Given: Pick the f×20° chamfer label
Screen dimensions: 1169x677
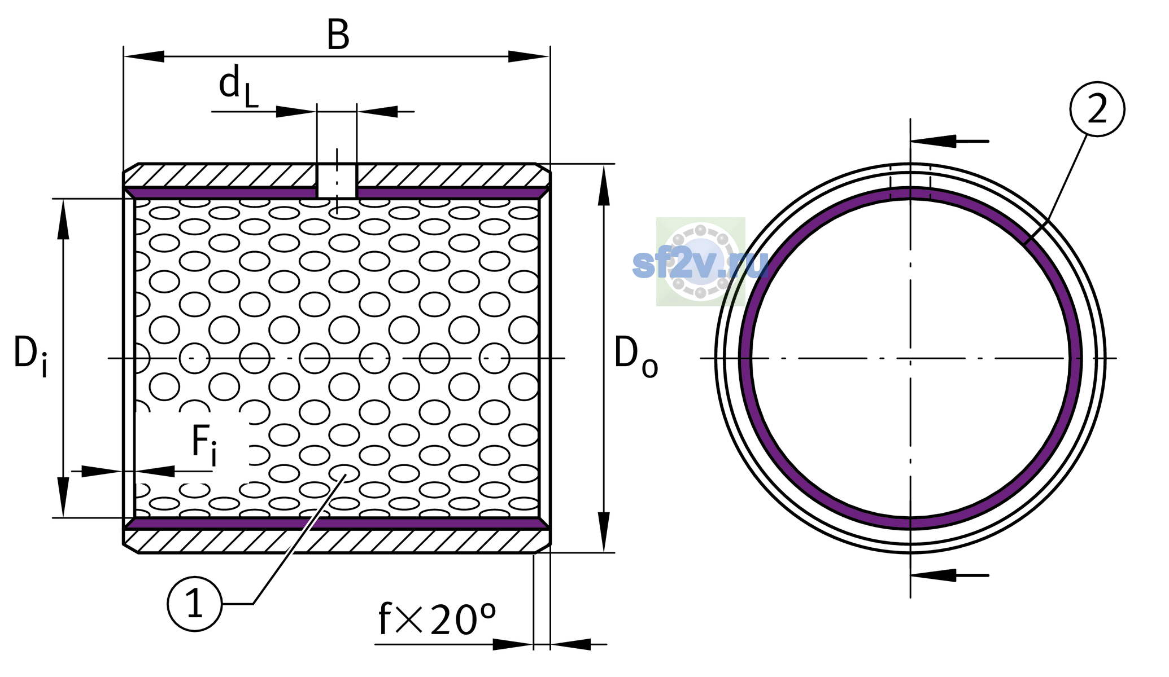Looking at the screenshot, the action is [x=437, y=619].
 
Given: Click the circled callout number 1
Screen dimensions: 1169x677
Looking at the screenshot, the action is [x=195, y=604].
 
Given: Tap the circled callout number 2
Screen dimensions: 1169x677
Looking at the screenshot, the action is [x=1097, y=109].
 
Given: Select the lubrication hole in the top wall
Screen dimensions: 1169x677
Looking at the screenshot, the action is [x=337, y=181].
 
